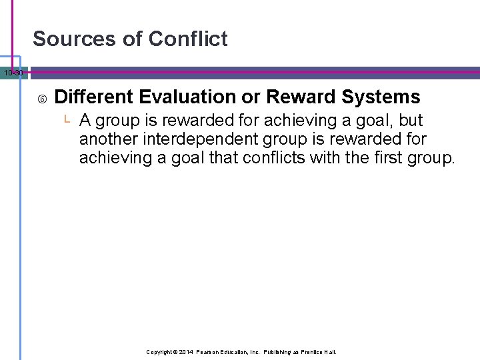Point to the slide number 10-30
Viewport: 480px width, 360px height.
pyautogui.click(x=12, y=72)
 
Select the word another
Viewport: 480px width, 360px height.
pyautogui.click(x=105, y=140)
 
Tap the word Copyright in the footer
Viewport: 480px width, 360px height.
pyautogui.click(x=160, y=351)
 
